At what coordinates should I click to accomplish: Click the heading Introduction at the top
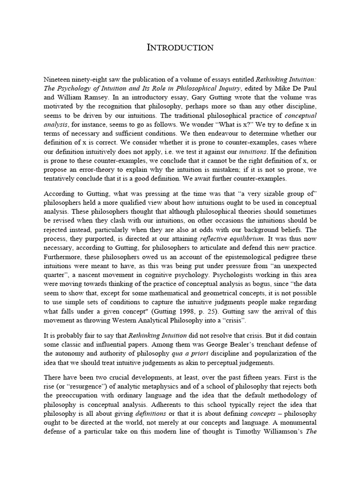click(180, 47)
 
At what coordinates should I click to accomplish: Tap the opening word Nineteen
click(58, 79)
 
